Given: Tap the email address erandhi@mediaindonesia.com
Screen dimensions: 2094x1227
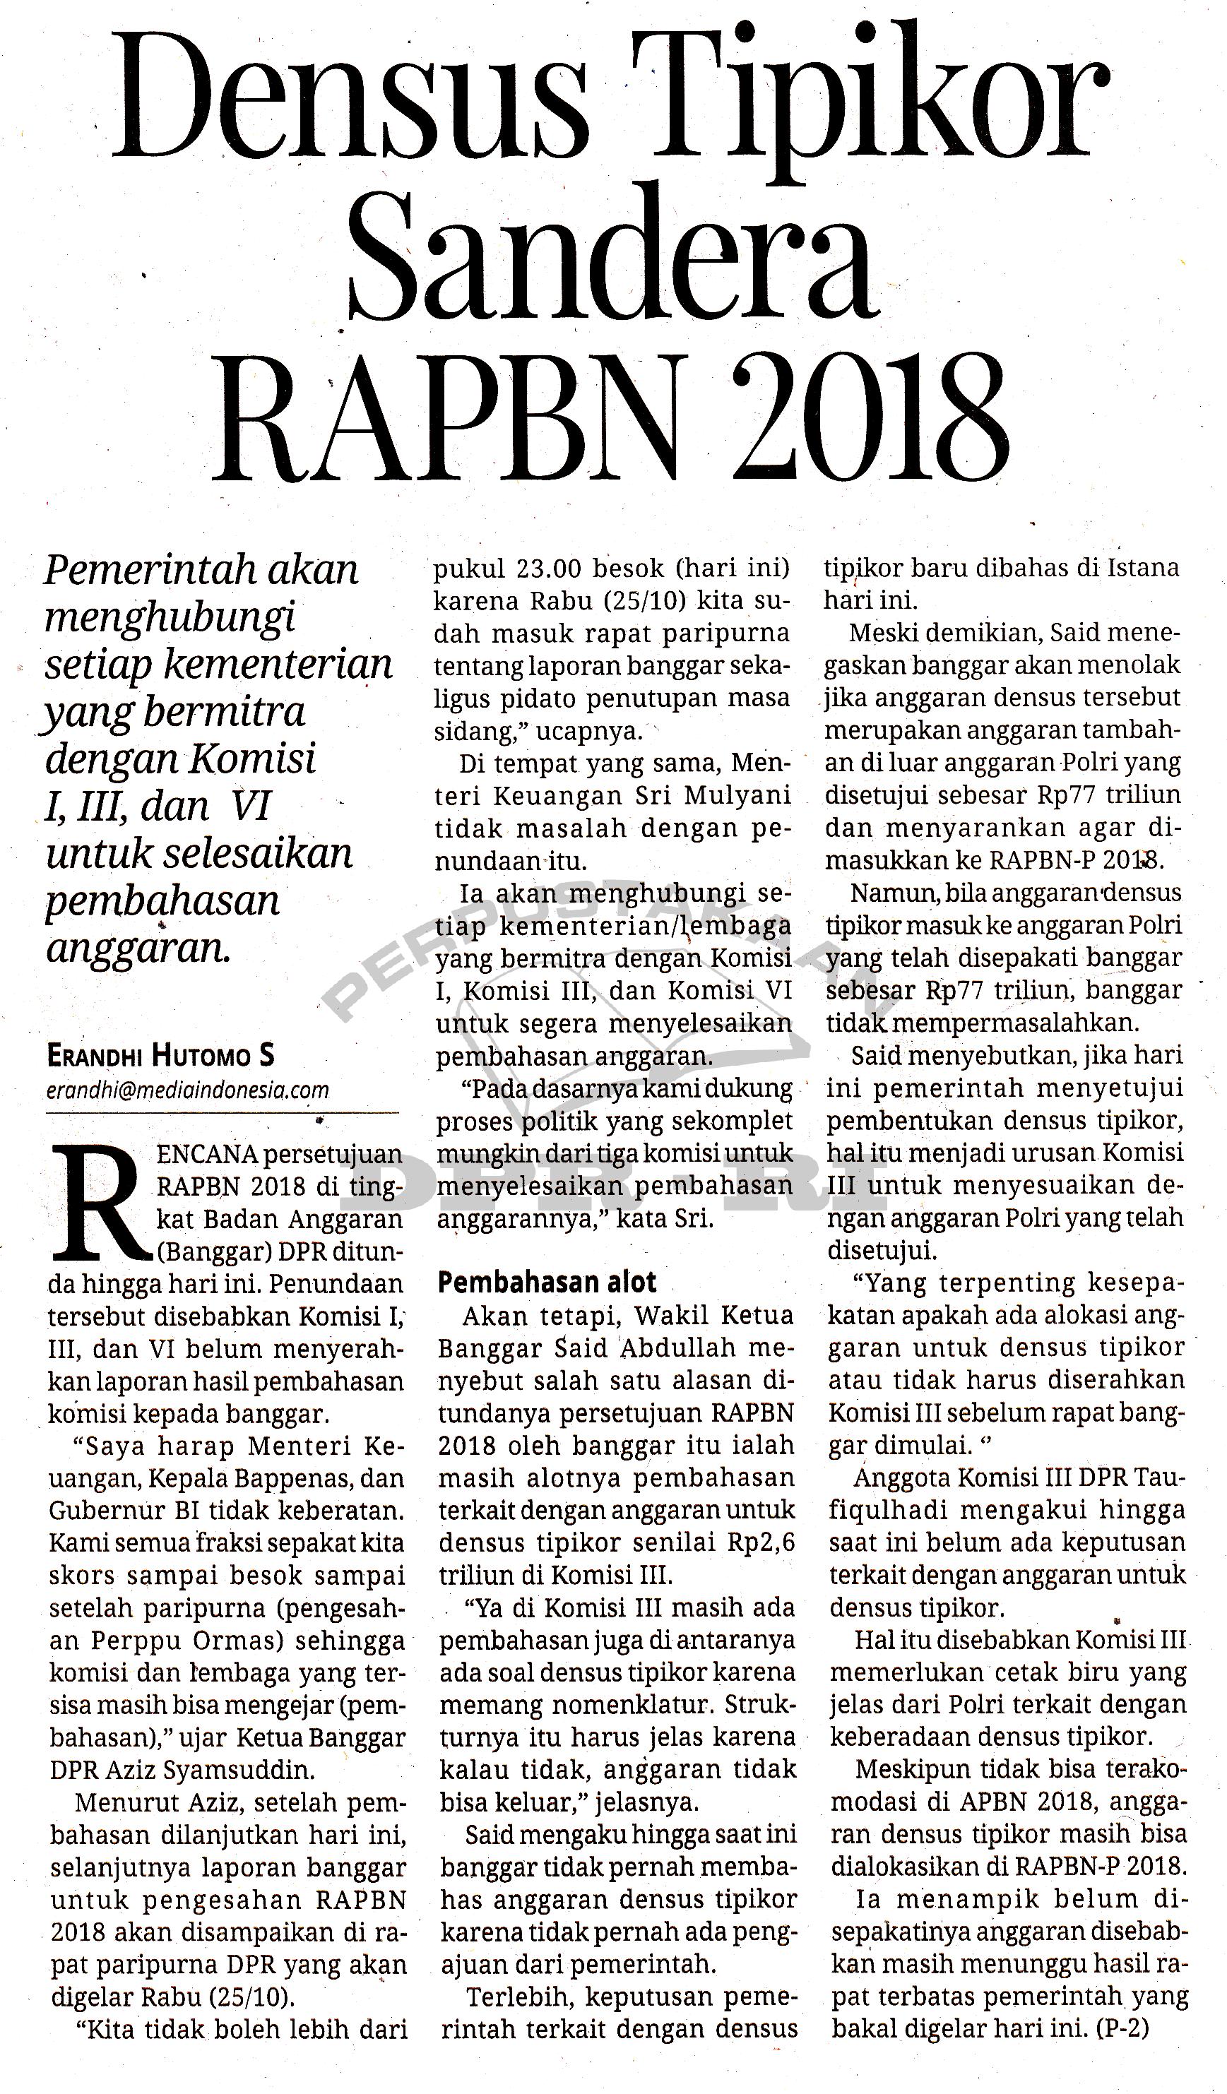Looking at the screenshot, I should tap(188, 1090).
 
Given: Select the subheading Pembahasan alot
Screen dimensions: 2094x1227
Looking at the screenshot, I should tap(547, 1282).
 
